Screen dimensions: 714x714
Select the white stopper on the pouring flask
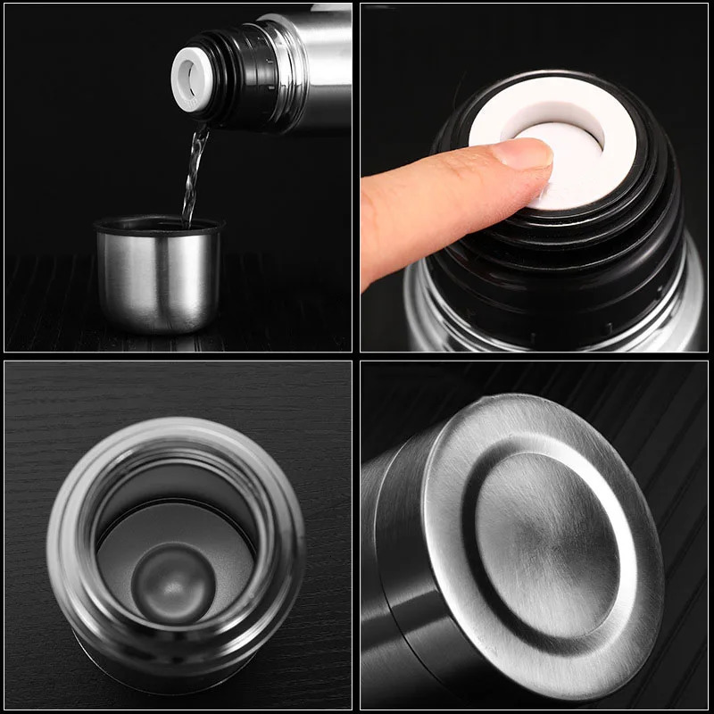[190, 79]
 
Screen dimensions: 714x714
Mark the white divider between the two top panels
[356, 178]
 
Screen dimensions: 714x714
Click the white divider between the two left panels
[178, 356]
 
